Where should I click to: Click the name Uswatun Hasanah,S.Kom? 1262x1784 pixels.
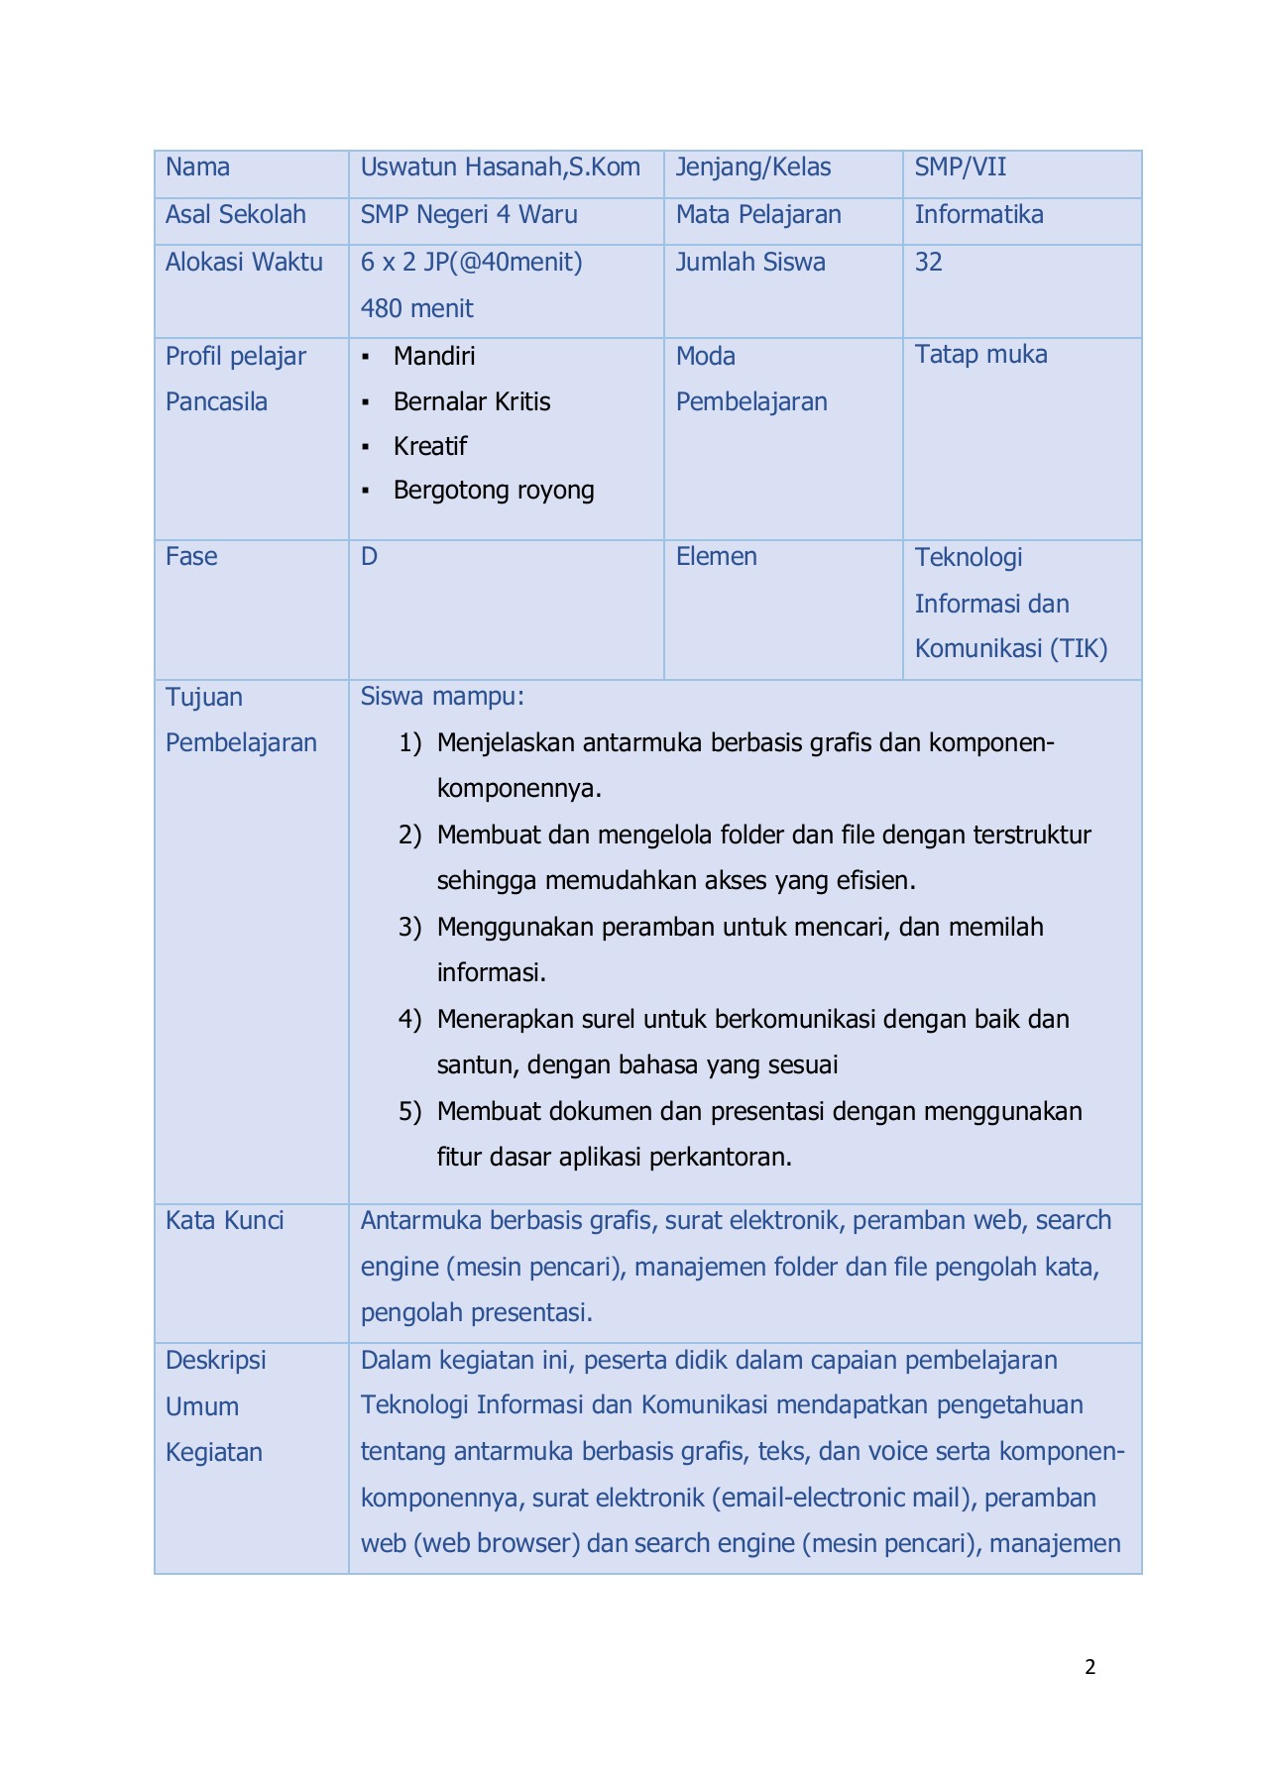[x=500, y=167]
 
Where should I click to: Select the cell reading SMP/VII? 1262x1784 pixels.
[x=960, y=167]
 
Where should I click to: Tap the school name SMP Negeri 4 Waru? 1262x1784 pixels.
[x=469, y=215]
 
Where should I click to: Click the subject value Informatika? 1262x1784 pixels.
[x=978, y=215]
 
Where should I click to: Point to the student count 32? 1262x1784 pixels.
[x=928, y=263]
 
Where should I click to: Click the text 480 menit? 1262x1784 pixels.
[x=416, y=309]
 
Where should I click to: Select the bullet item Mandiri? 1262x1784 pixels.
[x=434, y=357]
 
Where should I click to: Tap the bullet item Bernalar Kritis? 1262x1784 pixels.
[x=471, y=402]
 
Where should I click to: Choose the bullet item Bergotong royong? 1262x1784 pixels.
[x=493, y=491]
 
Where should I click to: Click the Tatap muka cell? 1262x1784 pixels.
[x=980, y=355]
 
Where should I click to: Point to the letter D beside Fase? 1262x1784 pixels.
[x=369, y=557]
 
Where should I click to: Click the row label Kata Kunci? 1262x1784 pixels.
[x=224, y=1221]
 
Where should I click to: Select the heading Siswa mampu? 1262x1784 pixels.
[x=442, y=697]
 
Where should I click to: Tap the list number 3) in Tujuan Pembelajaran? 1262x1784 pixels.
[x=409, y=928]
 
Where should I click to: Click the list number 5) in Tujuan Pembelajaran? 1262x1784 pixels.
[x=409, y=1112]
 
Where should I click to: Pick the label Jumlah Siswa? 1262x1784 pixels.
[x=749, y=263]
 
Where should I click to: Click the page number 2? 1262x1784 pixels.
[x=1090, y=1667]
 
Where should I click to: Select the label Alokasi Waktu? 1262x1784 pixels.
[x=244, y=263]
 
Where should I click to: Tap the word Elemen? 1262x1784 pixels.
[x=716, y=557]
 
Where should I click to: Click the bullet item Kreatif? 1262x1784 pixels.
[x=429, y=447]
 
